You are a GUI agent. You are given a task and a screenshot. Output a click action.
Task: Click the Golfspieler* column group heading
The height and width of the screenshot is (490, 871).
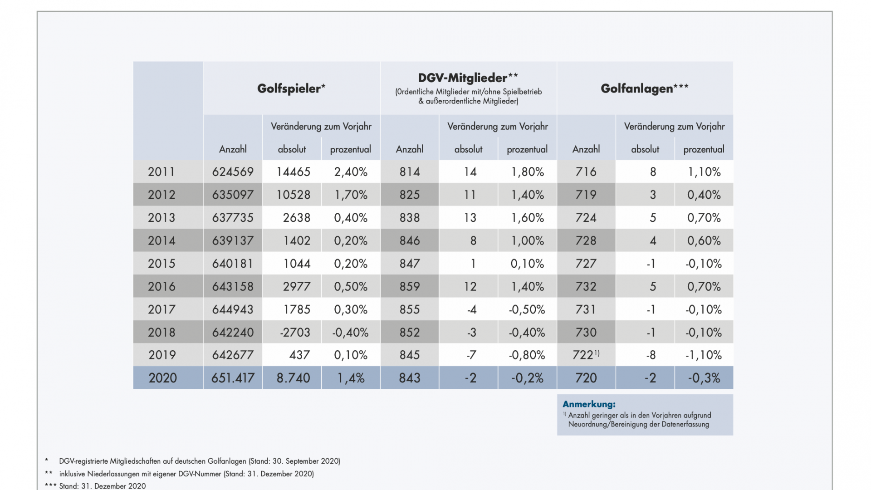[x=291, y=88]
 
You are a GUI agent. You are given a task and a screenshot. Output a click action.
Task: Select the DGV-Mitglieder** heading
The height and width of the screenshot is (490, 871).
[x=468, y=78]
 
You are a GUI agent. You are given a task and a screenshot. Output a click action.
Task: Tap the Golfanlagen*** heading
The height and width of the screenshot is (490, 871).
[x=645, y=88]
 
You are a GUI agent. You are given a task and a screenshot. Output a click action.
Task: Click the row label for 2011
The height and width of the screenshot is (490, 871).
[x=161, y=172]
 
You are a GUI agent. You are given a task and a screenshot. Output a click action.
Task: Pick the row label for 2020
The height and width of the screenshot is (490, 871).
[x=163, y=378]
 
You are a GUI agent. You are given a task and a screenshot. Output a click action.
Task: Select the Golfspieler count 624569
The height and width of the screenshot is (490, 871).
[x=233, y=172]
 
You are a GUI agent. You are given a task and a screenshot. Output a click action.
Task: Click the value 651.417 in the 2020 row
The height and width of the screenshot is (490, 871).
[x=233, y=378]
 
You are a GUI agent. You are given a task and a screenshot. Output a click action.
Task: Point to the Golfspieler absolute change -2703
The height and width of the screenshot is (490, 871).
[x=295, y=333]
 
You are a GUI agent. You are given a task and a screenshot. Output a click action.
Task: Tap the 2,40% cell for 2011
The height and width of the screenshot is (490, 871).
[x=351, y=172]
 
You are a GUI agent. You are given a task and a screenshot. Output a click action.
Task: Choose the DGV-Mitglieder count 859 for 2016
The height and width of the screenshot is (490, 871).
[x=410, y=287]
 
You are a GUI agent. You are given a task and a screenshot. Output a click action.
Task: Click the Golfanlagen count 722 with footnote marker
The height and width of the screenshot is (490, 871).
[x=586, y=355]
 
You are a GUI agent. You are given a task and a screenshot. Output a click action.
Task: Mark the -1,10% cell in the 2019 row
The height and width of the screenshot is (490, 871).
[x=704, y=355]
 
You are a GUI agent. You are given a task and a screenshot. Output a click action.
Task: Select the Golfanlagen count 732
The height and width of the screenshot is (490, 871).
[x=586, y=287]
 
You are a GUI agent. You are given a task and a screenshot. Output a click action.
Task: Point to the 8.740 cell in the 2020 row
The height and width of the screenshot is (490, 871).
[x=294, y=378]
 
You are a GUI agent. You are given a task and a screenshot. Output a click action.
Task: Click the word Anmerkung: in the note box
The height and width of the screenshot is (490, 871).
[x=589, y=404]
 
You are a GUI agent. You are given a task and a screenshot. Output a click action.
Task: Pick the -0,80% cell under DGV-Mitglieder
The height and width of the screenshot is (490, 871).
[x=527, y=355]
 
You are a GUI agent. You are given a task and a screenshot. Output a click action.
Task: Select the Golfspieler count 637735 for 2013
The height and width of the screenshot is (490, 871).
[x=233, y=218]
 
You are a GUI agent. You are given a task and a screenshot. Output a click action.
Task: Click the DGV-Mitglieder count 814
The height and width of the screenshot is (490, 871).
[x=410, y=172]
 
